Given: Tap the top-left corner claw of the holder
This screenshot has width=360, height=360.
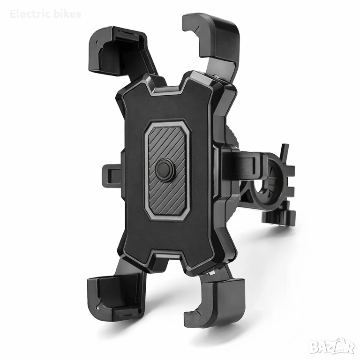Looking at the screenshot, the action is pos(115,52).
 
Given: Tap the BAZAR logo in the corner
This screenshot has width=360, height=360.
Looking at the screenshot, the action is pos(331,347).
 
